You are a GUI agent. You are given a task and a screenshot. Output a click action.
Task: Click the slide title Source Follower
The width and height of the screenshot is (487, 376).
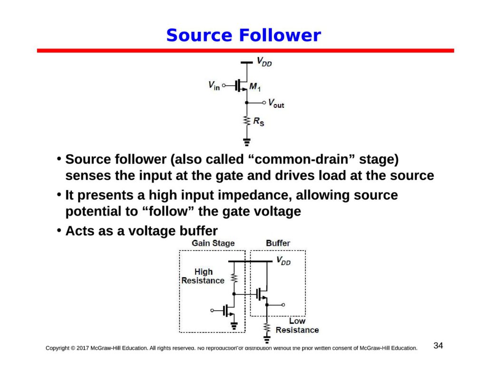point(243,36)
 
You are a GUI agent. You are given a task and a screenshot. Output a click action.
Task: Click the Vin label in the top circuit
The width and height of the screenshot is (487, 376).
point(214,86)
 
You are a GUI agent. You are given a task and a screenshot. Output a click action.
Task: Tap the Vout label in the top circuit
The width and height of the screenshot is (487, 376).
point(276,103)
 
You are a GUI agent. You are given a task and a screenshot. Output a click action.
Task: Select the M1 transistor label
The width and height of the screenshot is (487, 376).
point(255,87)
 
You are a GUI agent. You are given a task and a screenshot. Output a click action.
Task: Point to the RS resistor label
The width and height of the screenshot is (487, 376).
point(258,122)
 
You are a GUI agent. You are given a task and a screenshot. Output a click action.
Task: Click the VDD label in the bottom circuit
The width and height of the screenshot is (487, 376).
point(283,261)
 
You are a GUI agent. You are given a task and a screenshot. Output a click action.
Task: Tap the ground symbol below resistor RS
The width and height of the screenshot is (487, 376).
point(246,142)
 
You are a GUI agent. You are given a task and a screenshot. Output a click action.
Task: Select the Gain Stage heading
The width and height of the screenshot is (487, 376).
point(213,243)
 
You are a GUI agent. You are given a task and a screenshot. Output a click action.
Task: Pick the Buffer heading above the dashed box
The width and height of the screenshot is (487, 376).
point(278,243)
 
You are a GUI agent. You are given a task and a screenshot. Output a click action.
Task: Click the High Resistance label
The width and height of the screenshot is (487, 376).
point(203,276)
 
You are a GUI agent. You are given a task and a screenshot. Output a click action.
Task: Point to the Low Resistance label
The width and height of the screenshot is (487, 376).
point(297,326)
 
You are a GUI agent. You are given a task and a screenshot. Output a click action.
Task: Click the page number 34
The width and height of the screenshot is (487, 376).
point(438,346)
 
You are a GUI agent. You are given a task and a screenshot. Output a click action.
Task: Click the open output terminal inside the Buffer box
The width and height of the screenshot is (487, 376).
point(283,305)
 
